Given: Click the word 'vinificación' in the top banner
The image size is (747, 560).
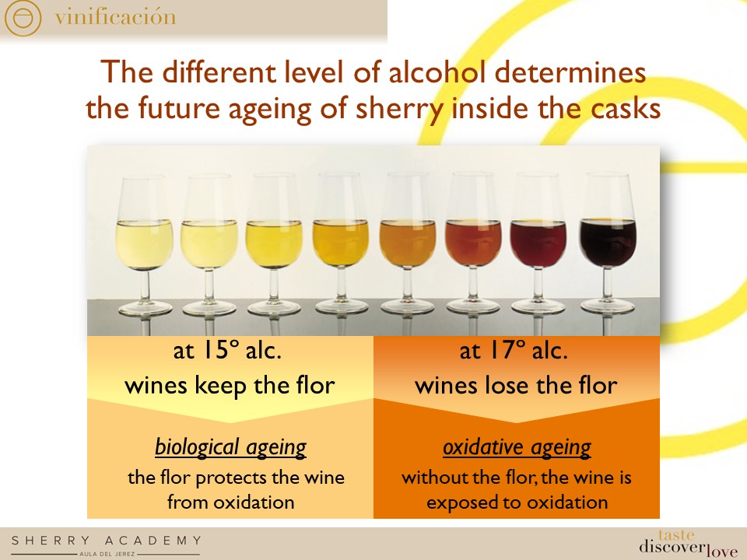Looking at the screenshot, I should click(x=115, y=17).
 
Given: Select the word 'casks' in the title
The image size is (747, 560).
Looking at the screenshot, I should click(x=623, y=108).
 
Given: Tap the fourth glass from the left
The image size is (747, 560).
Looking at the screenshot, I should click(x=341, y=241).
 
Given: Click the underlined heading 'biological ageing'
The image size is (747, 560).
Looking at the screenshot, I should click(x=230, y=447).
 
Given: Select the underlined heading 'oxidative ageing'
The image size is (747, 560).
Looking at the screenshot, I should click(x=517, y=447).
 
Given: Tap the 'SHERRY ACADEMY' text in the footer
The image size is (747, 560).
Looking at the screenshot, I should click(x=106, y=541).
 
